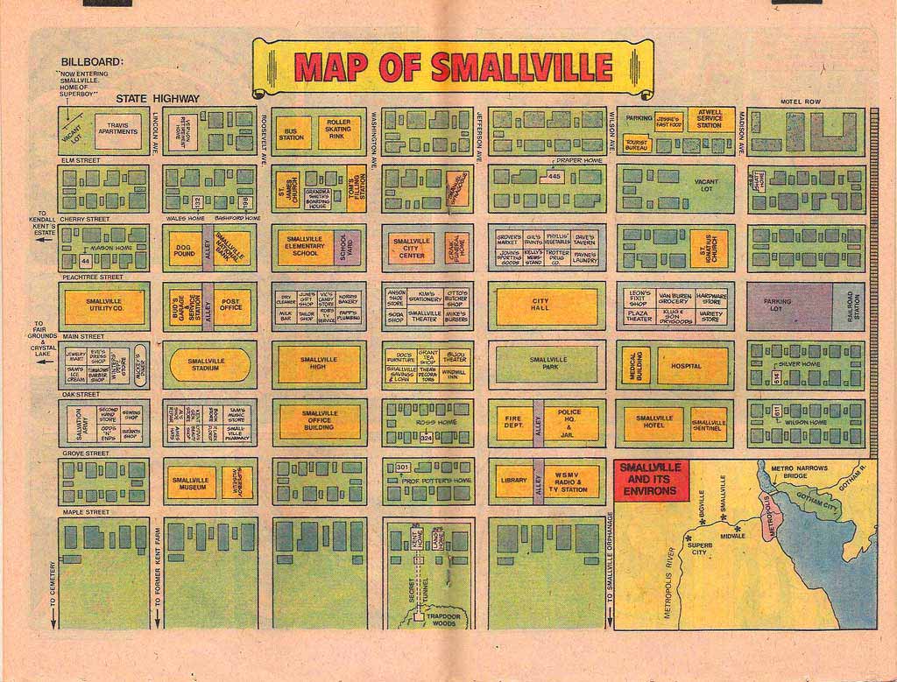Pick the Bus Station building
292,134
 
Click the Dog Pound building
184,249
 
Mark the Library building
513,481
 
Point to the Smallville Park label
547,364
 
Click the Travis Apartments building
117,130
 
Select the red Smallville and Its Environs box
651,479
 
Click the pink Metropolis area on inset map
768,518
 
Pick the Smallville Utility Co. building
104,306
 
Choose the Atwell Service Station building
710,119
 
